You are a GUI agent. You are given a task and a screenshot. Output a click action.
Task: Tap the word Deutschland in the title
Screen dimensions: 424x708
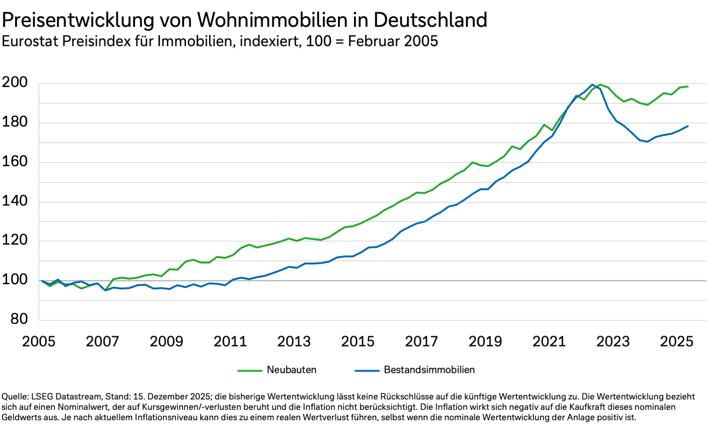(x=430, y=20)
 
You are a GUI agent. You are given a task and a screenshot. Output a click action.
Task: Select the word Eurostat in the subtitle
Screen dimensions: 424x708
(x=30, y=42)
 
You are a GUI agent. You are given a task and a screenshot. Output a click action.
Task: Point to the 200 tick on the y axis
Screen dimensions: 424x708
(x=15, y=83)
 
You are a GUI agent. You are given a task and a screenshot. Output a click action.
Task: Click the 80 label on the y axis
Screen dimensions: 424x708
(x=19, y=319)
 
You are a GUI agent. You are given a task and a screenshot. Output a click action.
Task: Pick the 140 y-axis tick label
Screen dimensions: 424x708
(x=15, y=201)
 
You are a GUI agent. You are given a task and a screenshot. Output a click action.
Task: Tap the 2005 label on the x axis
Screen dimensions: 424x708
(x=39, y=341)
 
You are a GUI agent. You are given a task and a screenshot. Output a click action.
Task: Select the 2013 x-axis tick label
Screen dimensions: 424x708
(x=294, y=341)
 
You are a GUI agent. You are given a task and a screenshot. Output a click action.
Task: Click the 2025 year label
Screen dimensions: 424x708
(x=676, y=341)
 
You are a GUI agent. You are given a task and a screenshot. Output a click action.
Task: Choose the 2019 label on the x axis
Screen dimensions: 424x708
(x=485, y=341)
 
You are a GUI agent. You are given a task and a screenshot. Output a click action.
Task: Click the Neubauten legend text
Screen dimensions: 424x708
(x=292, y=370)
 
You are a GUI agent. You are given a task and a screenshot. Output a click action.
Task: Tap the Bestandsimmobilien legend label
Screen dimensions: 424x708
(x=429, y=370)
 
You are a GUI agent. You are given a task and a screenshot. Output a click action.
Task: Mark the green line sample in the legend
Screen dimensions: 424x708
(x=250, y=371)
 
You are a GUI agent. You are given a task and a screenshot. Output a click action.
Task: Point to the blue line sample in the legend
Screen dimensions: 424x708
(x=367, y=371)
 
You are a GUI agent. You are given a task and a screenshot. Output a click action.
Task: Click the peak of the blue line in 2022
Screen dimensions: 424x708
(x=592, y=85)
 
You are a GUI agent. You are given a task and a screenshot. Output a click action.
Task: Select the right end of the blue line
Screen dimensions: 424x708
(x=688, y=126)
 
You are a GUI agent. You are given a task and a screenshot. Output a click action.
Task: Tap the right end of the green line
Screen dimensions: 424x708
(x=688, y=86)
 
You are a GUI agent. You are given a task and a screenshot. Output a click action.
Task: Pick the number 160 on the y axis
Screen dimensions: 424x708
(x=15, y=162)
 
